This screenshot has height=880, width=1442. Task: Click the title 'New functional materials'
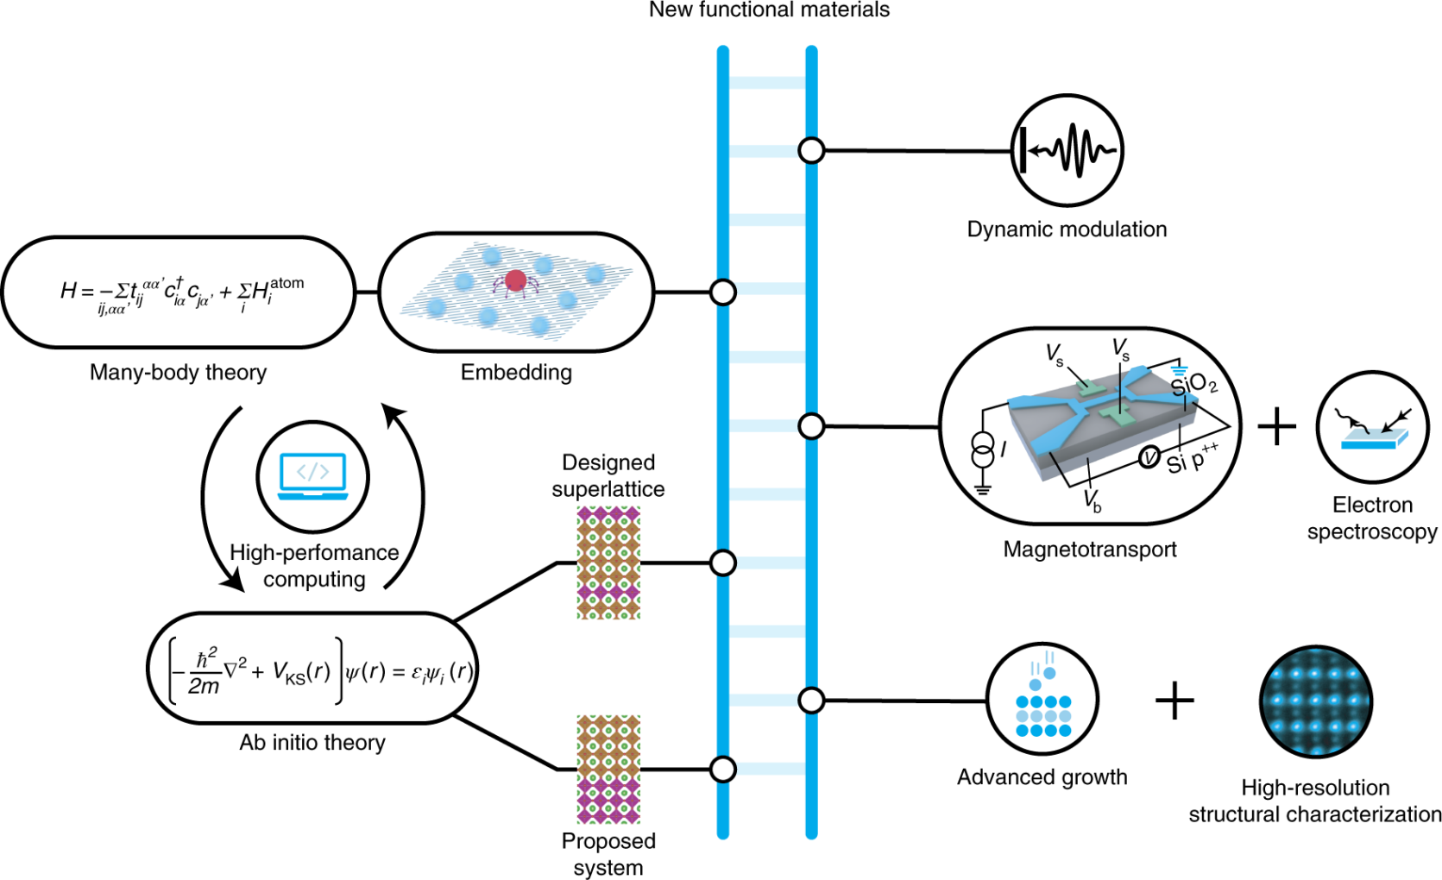pyautogui.click(x=769, y=10)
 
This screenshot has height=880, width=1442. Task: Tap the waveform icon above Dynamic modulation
pyautogui.click(x=1067, y=151)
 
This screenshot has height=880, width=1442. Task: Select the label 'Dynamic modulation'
pyautogui.click(x=1067, y=229)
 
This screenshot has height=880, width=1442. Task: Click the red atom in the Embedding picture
pyautogui.click(x=516, y=280)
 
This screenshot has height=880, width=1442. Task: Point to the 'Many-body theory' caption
pyautogui.click(x=178, y=373)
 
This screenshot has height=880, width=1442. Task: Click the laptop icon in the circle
pyautogui.click(x=312, y=476)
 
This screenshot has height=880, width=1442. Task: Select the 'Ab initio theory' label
pyautogui.click(x=312, y=743)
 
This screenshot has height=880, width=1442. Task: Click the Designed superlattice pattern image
pyautogui.click(x=608, y=563)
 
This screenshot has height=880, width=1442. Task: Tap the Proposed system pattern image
pyautogui.click(x=608, y=769)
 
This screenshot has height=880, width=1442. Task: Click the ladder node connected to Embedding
pyautogui.click(x=723, y=292)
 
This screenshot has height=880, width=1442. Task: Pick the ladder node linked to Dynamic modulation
pyautogui.click(x=811, y=151)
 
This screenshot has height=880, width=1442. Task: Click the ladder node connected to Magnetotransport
pyautogui.click(x=811, y=426)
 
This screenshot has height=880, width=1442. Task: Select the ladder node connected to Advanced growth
pyautogui.click(x=811, y=701)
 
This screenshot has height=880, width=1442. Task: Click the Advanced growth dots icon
pyautogui.click(x=1042, y=701)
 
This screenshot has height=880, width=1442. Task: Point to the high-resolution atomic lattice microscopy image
pyautogui.click(x=1315, y=701)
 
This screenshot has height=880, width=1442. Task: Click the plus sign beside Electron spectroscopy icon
pyautogui.click(x=1277, y=427)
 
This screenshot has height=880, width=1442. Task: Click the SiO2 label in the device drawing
pyautogui.click(x=1194, y=383)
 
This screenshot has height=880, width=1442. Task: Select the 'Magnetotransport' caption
pyautogui.click(x=1090, y=550)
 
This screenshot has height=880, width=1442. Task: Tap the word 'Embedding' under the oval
pyautogui.click(x=516, y=373)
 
